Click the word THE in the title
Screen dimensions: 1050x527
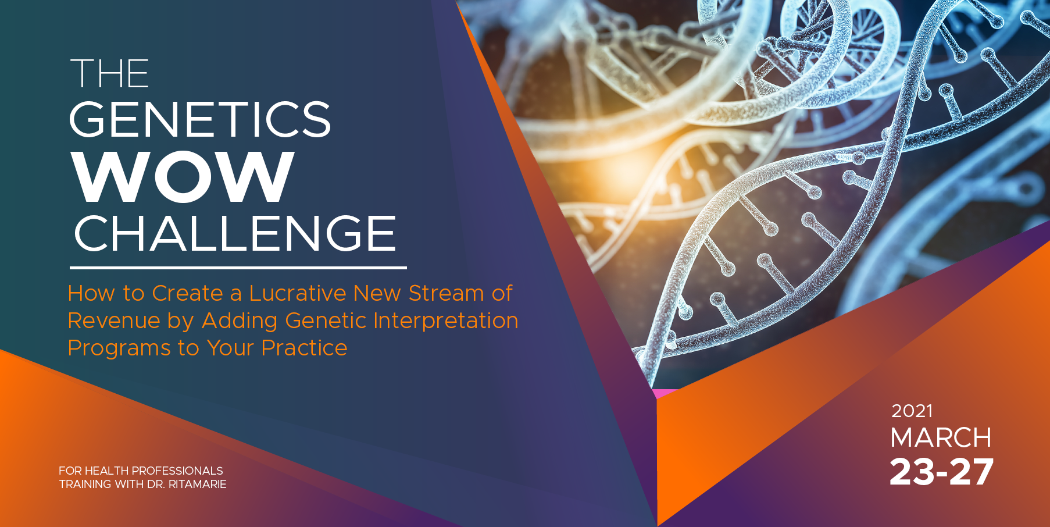click(110, 73)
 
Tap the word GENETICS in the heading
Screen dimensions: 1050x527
click(200, 119)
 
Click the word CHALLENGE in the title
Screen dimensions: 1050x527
click(235, 233)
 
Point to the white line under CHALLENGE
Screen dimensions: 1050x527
click(238, 268)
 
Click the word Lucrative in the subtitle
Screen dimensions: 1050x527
click(298, 293)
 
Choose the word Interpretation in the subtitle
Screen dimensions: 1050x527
click(445, 321)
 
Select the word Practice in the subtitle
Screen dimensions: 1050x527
click(304, 348)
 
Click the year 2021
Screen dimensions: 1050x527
click(912, 411)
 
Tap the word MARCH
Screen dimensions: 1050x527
click(941, 438)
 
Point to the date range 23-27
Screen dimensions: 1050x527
click(942, 472)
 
